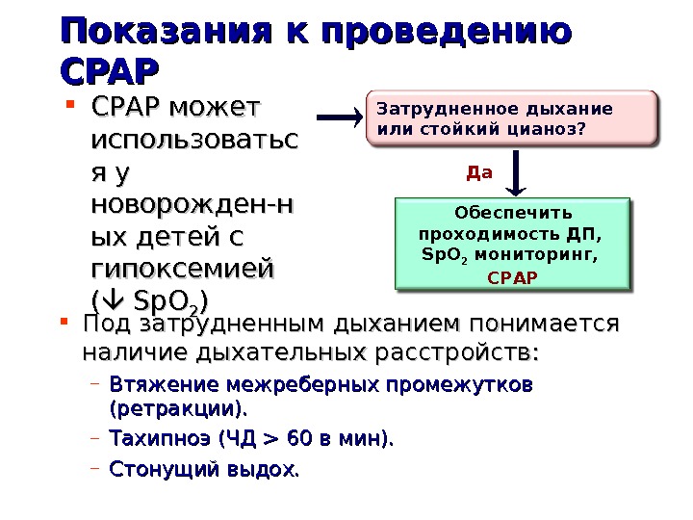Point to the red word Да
478,173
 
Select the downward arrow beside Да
516,173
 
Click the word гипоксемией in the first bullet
182,265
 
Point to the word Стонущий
158,471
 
